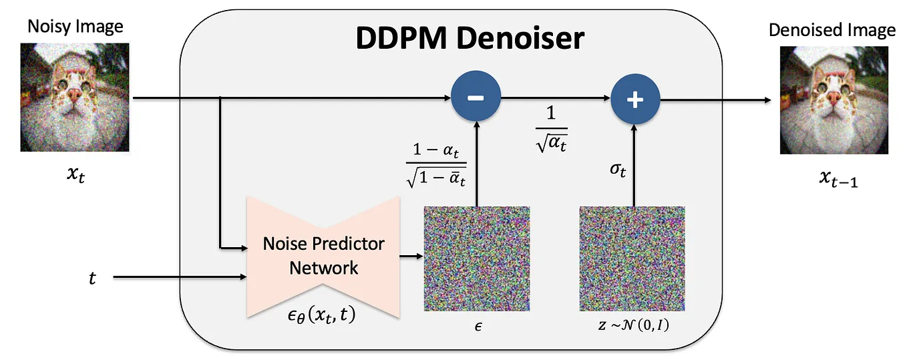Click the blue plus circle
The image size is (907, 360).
[x=635, y=100]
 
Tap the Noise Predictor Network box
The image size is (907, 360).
[x=323, y=256]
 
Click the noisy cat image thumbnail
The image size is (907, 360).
[x=75, y=96]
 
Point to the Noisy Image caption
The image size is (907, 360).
[x=75, y=27]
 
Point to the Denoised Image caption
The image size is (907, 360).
[x=832, y=30]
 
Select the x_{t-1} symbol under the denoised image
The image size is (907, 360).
[x=831, y=180]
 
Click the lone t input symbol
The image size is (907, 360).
[x=92, y=277]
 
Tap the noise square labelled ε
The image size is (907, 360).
[x=477, y=258]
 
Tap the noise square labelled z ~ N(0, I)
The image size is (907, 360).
[x=632, y=258]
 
